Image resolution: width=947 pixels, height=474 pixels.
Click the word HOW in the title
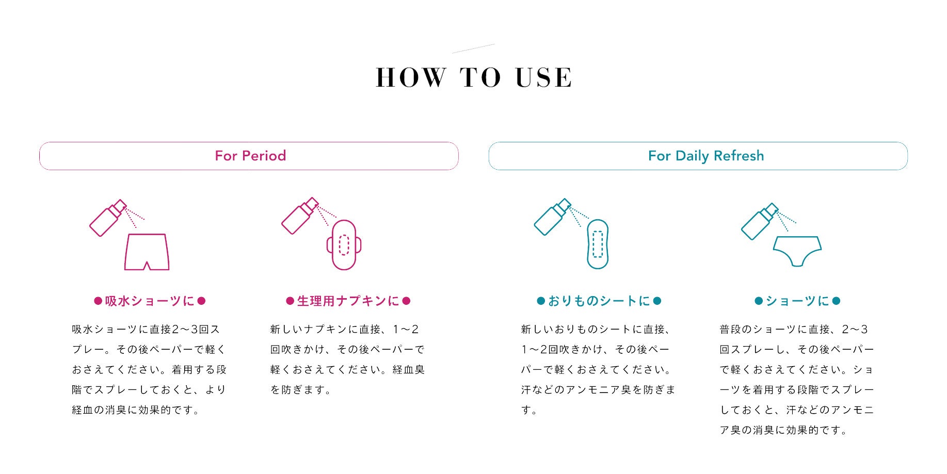(411, 78)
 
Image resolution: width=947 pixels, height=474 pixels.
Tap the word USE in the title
(543, 78)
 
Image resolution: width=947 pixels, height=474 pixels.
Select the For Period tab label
(250, 156)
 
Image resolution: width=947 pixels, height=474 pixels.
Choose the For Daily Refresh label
(705, 156)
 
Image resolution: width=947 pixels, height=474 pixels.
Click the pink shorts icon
(147, 252)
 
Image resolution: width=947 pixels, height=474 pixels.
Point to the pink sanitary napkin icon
(344, 245)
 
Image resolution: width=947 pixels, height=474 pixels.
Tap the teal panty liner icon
(598, 244)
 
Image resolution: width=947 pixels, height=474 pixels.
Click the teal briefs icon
(797, 251)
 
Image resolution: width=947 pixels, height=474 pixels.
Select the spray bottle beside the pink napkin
(300, 216)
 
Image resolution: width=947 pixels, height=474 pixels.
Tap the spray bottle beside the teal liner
(552, 217)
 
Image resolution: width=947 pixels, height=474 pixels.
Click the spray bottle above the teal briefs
(759, 222)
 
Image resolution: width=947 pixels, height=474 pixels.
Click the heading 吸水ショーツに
(150, 301)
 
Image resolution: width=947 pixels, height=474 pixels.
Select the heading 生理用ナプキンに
(348, 301)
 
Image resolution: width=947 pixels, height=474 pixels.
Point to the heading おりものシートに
(599, 301)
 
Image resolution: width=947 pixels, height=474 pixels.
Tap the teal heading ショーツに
(797, 301)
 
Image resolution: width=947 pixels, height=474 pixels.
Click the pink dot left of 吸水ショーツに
(98, 301)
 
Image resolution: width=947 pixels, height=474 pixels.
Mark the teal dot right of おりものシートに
(657, 301)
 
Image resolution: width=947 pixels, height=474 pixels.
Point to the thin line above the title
(473, 48)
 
